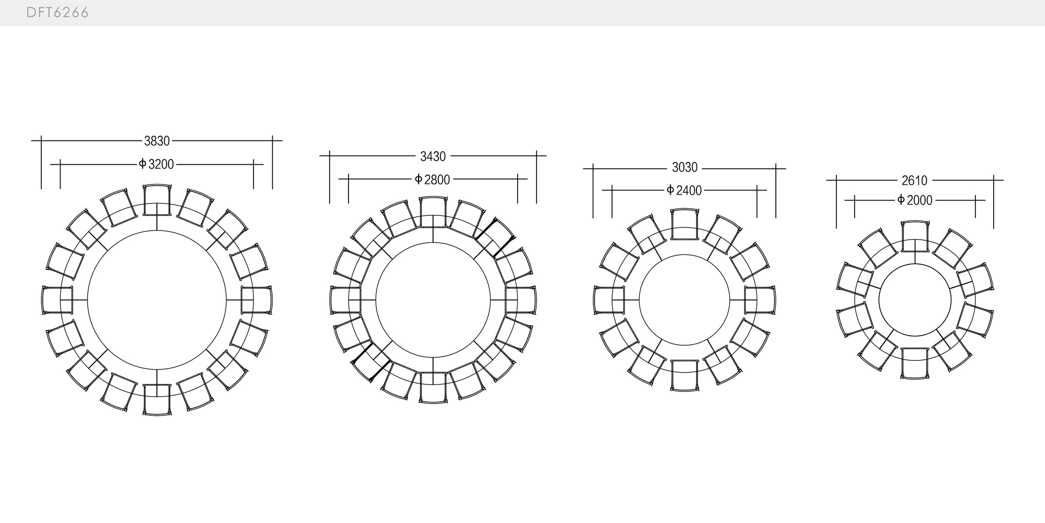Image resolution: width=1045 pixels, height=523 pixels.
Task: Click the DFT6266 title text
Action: [x=57, y=13]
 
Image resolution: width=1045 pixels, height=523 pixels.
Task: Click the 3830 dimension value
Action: [x=157, y=141]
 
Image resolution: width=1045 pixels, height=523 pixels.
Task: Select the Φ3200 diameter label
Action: [x=156, y=164]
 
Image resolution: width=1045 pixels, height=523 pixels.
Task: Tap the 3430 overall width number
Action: [x=433, y=156]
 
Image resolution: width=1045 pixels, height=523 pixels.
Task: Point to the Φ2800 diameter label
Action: [x=433, y=179]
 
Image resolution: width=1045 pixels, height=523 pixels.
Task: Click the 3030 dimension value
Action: [x=684, y=167]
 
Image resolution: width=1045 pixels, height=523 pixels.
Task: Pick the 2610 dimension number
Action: [x=914, y=180]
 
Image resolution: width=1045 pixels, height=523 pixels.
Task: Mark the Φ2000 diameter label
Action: [x=915, y=200]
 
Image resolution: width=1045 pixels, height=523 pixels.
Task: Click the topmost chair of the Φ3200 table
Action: [x=157, y=200]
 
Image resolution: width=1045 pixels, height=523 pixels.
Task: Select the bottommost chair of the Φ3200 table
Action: [x=157, y=399]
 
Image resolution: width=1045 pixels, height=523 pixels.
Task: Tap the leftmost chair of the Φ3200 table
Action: [x=57, y=300]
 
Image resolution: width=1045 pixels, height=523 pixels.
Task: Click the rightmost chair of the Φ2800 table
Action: [x=521, y=300]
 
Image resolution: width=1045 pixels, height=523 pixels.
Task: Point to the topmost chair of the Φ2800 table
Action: [x=433, y=212]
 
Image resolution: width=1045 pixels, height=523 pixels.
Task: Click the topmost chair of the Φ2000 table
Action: [x=915, y=236]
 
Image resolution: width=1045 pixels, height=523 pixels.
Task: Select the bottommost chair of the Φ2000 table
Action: [x=915, y=363]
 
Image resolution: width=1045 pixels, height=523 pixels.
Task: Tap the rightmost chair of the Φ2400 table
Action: [x=760, y=300]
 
